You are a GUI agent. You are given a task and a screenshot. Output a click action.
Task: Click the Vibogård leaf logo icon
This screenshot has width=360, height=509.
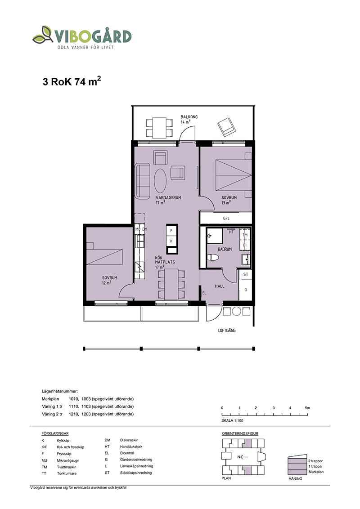pyautogui.click(x=43, y=35)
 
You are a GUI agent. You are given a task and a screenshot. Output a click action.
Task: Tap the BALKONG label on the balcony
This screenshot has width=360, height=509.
pyautogui.click(x=189, y=117)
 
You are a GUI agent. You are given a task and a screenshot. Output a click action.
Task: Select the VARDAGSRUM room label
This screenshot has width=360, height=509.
pyautogui.click(x=168, y=198)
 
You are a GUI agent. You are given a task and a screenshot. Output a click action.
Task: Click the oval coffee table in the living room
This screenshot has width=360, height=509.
pyautogui.click(x=160, y=180)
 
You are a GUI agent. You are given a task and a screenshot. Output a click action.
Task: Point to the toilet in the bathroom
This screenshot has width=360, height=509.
pyautogui.click(x=213, y=258)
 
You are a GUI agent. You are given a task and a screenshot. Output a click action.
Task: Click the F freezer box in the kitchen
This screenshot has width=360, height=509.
pyautogui.click(x=171, y=231)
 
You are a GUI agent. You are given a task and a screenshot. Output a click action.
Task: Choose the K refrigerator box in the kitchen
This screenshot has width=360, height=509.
pyautogui.click(x=171, y=241)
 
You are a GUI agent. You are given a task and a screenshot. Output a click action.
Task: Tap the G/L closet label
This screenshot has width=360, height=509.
pyautogui.click(x=226, y=219)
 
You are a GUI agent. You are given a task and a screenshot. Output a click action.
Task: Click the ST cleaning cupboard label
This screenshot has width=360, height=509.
pyautogui.click(x=246, y=274)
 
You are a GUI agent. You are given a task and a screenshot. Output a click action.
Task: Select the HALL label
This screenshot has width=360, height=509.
pyautogui.click(x=220, y=286)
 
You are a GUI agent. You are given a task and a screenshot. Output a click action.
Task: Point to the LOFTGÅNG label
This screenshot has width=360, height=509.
pyautogui.click(x=227, y=330)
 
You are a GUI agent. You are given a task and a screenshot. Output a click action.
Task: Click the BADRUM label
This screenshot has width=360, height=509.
pyautogui.click(x=225, y=249)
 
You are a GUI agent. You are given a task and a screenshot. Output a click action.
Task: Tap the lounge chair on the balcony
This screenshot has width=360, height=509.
pyautogui.click(x=226, y=127)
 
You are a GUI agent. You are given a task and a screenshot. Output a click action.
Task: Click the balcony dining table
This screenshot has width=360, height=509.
pyautogui.click(x=159, y=128)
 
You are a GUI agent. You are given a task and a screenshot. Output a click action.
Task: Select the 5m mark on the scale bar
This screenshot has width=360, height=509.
pyautogui.click(x=307, y=408)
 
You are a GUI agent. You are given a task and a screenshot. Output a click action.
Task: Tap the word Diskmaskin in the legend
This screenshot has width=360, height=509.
pyautogui.click(x=129, y=440)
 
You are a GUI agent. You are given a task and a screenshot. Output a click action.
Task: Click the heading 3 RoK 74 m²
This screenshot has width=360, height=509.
pyautogui.click(x=72, y=81)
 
